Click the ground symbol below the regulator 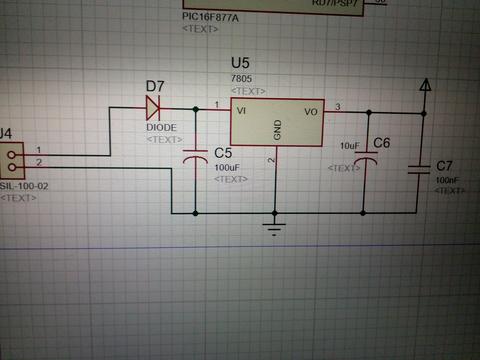coord(274,225)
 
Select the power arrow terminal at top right coord(425,87)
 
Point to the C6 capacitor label coord(382,144)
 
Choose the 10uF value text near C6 coord(349,146)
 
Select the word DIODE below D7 coord(162,127)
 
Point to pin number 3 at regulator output coord(337,106)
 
